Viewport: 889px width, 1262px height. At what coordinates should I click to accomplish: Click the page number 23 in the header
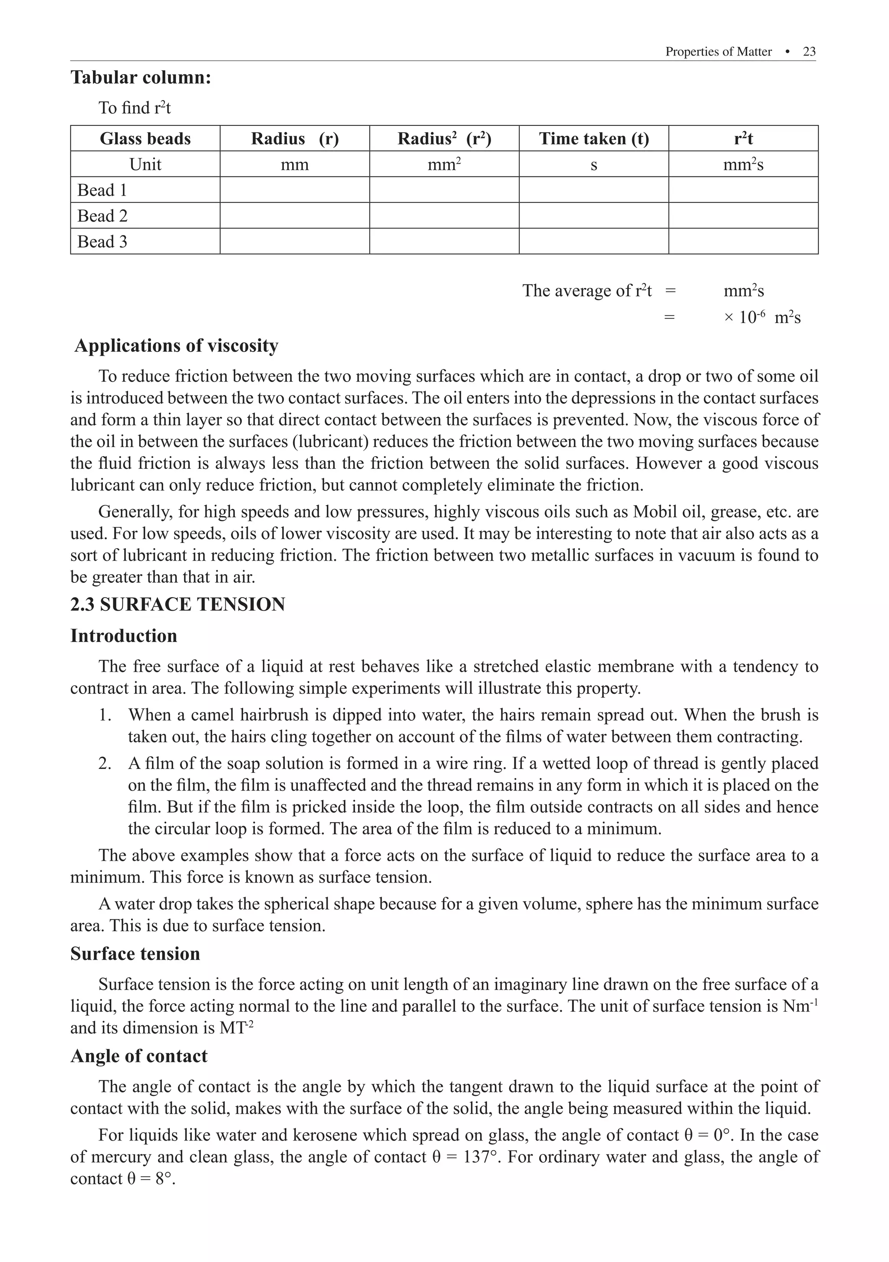tap(809, 52)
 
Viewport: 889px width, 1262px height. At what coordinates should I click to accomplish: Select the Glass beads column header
tap(145, 138)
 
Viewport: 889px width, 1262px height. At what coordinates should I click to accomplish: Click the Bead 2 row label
tap(102, 216)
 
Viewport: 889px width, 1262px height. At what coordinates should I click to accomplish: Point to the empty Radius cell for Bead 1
tap(294, 190)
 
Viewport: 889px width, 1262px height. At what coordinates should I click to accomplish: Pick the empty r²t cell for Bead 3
tap(743, 241)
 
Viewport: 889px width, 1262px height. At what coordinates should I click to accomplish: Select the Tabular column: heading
tap(141, 78)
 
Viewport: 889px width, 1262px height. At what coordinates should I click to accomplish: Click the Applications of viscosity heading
tap(176, 346)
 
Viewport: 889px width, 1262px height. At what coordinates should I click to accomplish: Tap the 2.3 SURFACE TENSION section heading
tap(178, 604)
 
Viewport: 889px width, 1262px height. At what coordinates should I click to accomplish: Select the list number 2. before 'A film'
tap(105, 763)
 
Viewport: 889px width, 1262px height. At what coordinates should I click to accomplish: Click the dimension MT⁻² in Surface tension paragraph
tap(236, 1027)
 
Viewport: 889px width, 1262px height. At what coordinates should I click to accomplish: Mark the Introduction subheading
tap(124, 636)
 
